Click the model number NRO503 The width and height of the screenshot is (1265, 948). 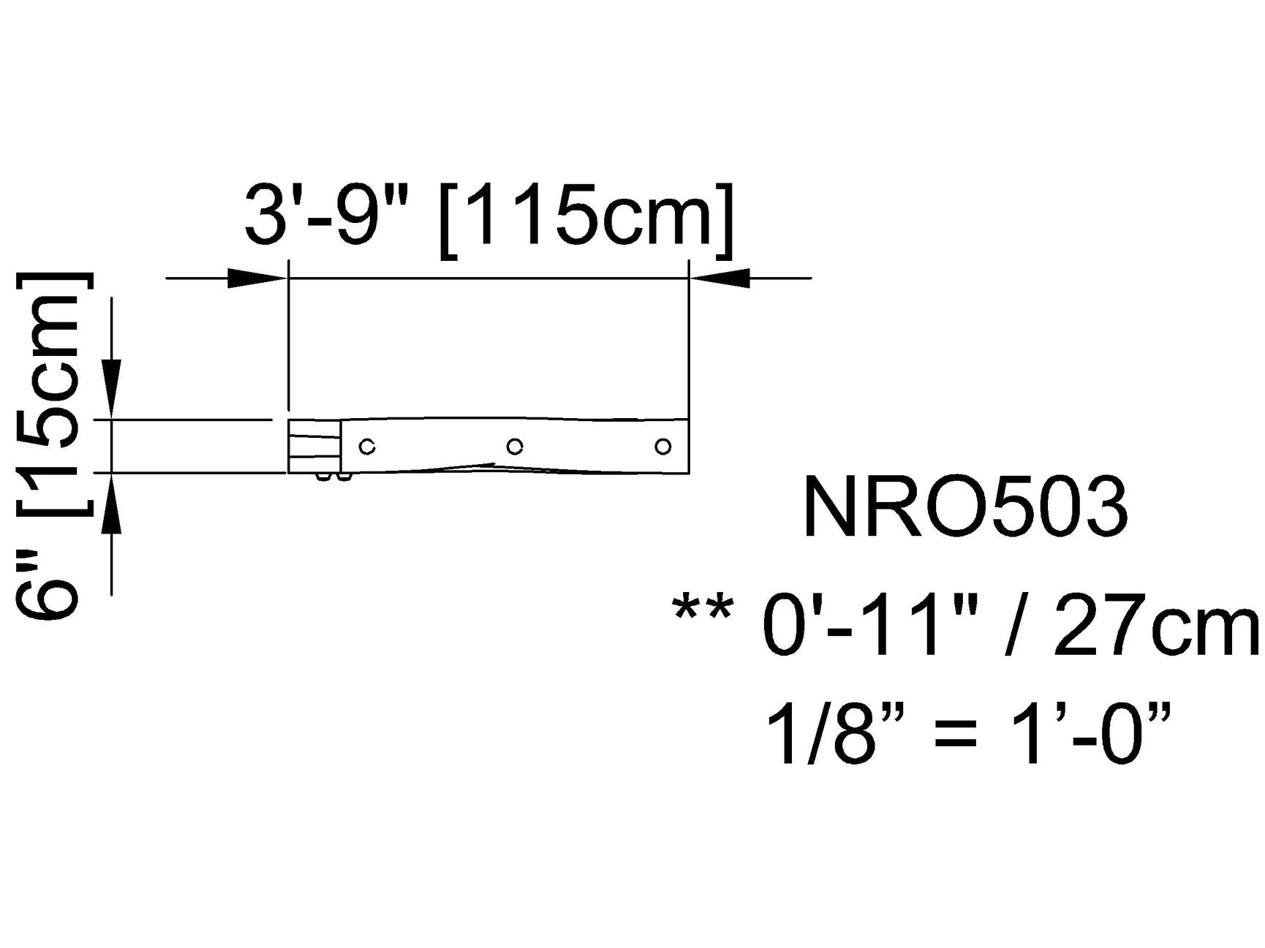pyautogui.click(x=965, y=507)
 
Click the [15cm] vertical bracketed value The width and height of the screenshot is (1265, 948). pyautogui.click(x=55, y=394)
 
